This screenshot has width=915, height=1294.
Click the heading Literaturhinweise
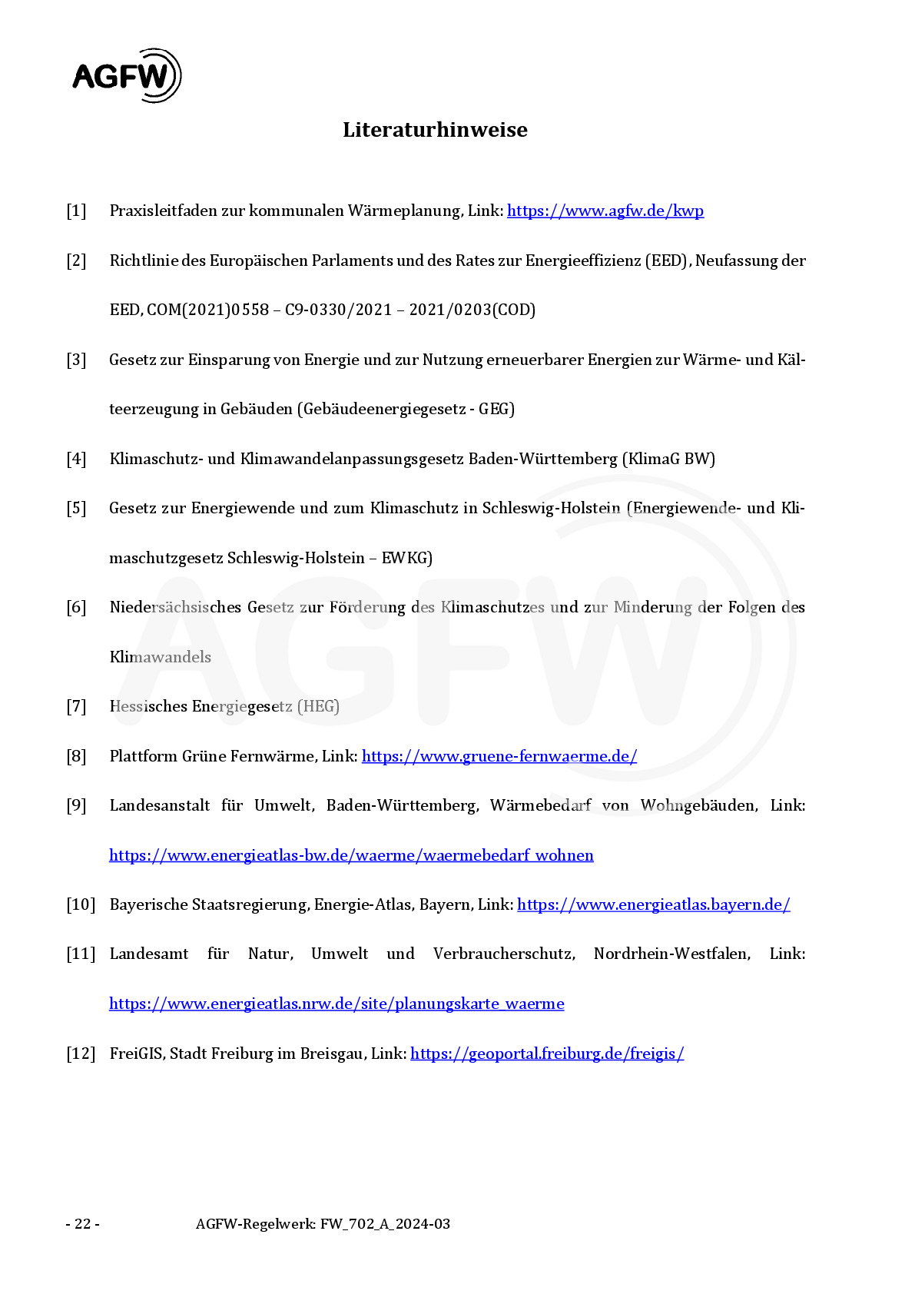435,130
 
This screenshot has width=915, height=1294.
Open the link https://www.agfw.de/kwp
605,211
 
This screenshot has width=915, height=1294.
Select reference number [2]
76,260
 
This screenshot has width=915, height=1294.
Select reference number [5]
76,508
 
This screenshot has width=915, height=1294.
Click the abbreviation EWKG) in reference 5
407,558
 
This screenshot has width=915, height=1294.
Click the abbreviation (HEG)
318,706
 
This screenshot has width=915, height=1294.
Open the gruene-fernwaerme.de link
499,756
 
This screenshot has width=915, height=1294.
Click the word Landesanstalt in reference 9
160,805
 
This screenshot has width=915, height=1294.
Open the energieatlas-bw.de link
351,855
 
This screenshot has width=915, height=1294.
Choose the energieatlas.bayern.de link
653,904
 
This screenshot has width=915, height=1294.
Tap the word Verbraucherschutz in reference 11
504,954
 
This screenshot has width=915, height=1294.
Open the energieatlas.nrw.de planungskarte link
336,1004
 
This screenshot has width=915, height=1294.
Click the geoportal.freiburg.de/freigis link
547,1053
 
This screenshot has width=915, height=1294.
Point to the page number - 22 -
82,1224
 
